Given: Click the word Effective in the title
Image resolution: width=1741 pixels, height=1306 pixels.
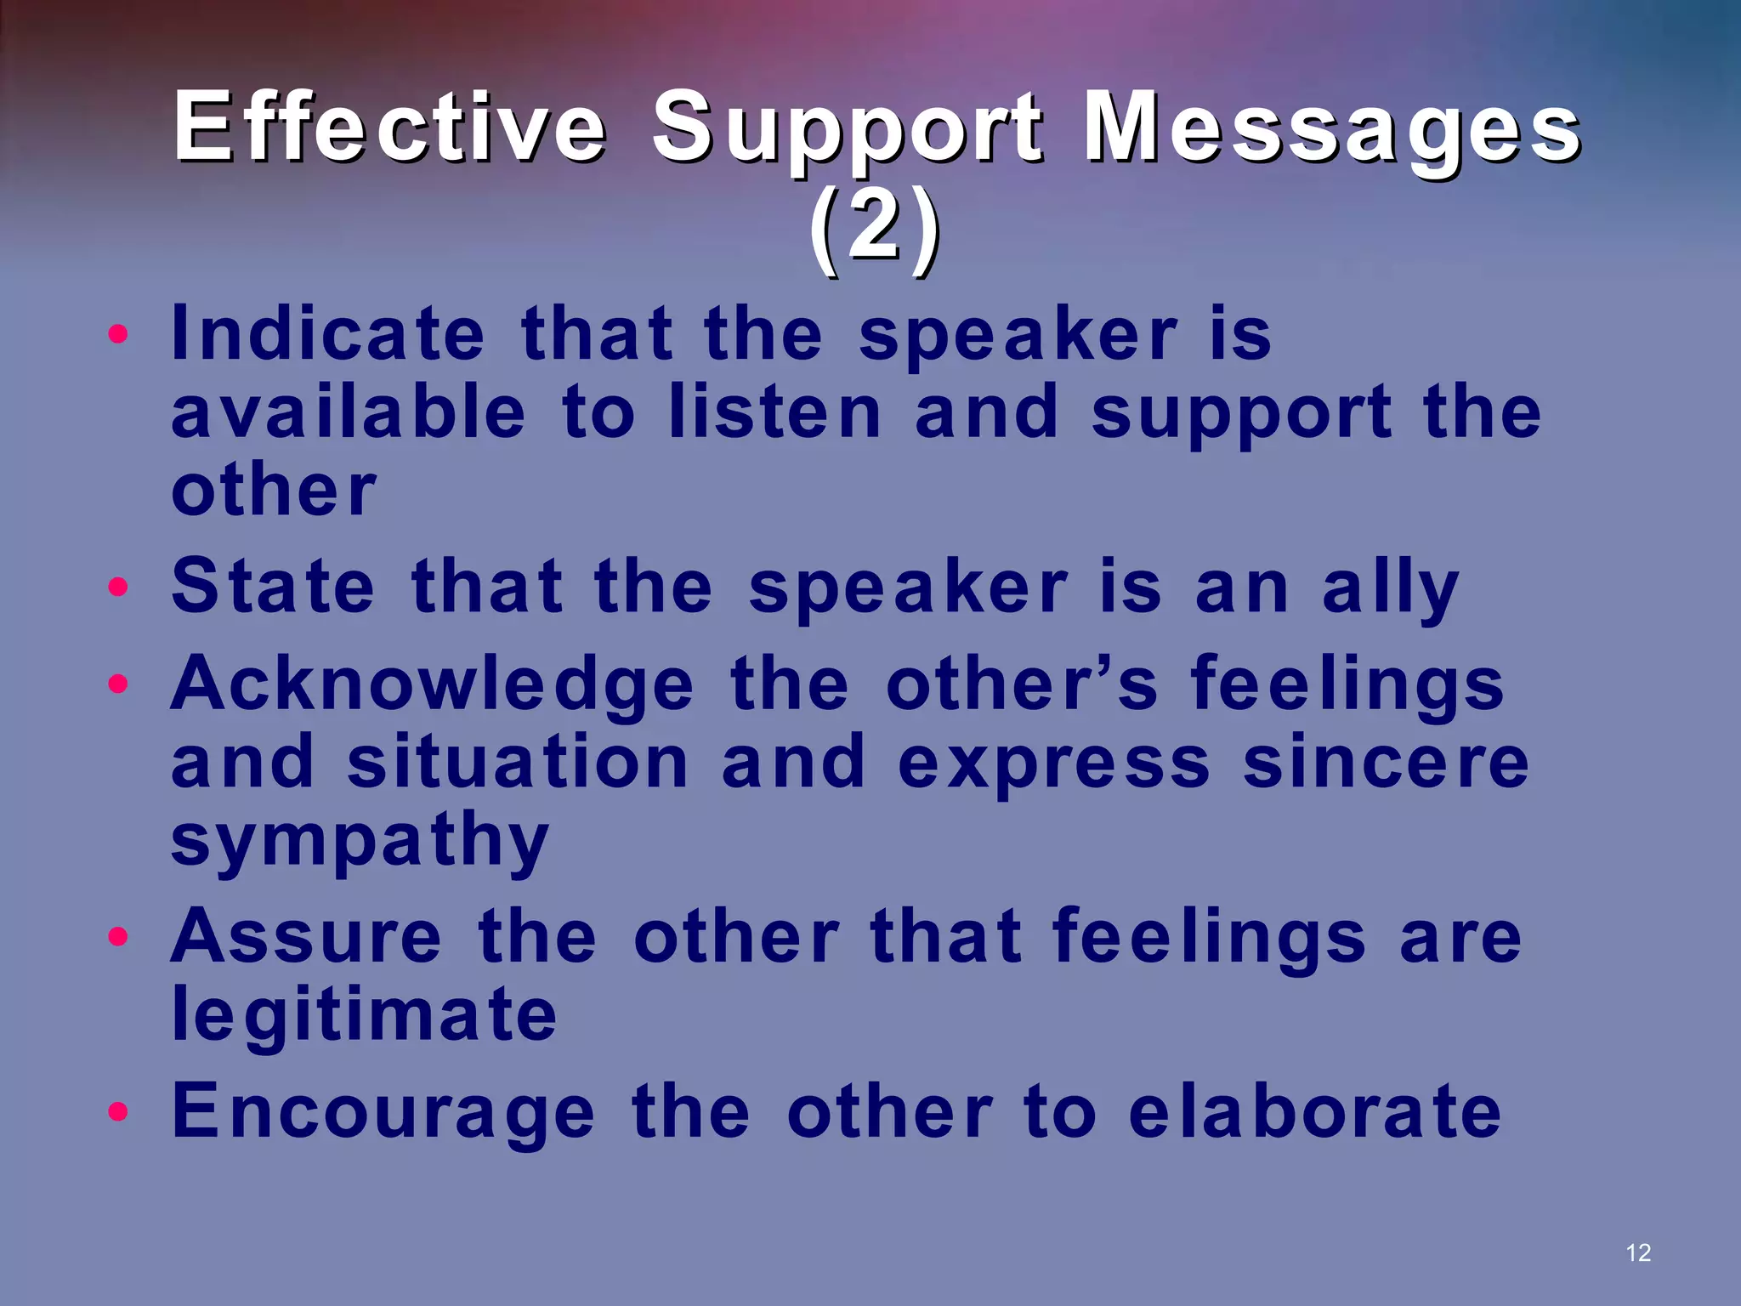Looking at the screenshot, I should tap(389, 128).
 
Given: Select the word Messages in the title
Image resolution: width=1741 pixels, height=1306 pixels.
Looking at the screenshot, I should tap(1331, 128).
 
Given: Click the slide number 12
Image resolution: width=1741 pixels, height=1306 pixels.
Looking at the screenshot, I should tap(1637, 1252).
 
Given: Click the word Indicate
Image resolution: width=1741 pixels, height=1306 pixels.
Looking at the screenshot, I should tap(327, 333).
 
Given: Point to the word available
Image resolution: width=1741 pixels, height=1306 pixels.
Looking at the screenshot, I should tap(349, 412).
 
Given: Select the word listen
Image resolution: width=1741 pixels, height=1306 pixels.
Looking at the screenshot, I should tap(775, 412).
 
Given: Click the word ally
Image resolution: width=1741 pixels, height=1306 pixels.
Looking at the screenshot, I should tap(1391, 588).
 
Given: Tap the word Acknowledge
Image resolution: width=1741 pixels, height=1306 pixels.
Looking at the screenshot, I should tap(432, 685).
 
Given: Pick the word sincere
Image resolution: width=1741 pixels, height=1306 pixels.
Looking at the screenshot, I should tap(1386, 763).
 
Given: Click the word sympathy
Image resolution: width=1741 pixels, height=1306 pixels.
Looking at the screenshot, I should tap(360, 840).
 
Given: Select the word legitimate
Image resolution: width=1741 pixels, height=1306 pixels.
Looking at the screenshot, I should tap(364, 1014).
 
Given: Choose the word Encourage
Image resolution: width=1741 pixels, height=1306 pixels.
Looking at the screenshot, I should tap(383, 1112).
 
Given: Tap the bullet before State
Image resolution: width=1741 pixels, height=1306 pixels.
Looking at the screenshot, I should tap(118, 587).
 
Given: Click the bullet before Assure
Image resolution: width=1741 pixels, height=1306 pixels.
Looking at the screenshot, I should tap(118, 937).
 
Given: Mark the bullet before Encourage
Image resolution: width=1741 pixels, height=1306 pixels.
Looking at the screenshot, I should tap(118, 1111).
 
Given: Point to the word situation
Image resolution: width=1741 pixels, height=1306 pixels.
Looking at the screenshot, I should tap(518, 763).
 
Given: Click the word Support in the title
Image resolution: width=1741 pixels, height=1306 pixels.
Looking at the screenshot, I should tap(847, 128).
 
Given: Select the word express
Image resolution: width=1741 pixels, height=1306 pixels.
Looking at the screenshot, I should tap(1053, 763).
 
